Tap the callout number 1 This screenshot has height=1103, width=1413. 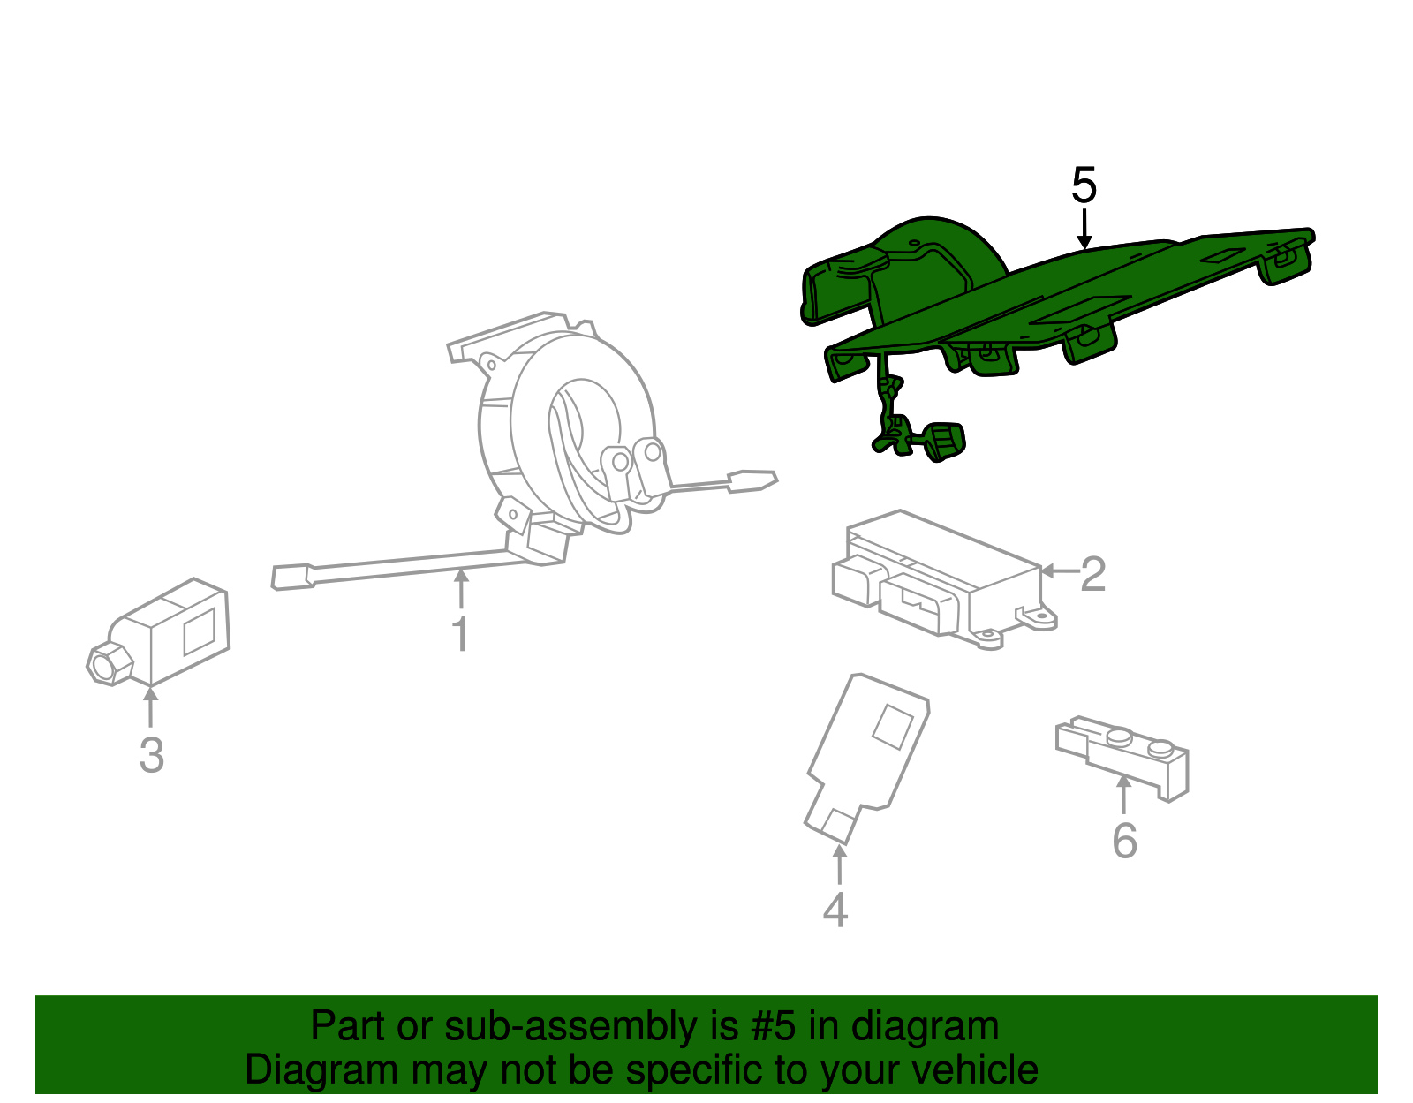pyautogui.click(x=460, y=633)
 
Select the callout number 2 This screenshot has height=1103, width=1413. pyautogui.click(x=1092, y=574)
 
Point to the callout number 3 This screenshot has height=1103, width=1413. pyautogui.click(x=152, y=755)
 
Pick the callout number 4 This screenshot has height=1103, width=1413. pyautogui.click(x=835, y=910)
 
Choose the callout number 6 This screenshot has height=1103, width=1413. pyautogui.click(x=1125, y=841)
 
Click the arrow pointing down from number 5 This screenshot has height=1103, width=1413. pyautogui.click(x=1084, y=229)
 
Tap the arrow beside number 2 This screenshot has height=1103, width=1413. pyautogui.click(x=1059, y=571)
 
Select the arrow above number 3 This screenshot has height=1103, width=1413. pyautogui.click(x=150, y=706)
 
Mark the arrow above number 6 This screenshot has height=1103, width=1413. pyautogui.click(x=1123, y=794)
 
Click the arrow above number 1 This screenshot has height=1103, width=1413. pyautogui.click(x=461, y=589)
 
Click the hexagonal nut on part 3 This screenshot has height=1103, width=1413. pyautogui.click(x=110, y=663)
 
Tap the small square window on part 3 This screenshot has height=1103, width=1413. pyautogui.click(x=200, y=631)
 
